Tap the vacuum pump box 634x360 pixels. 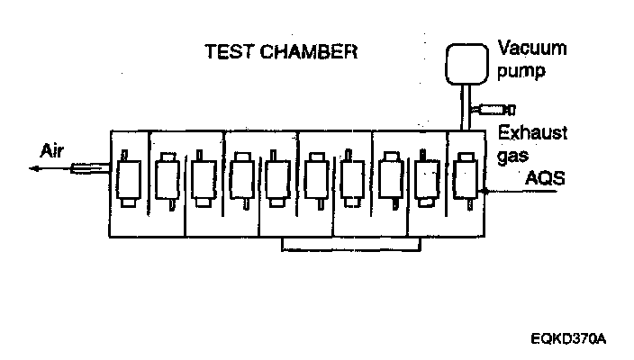pos(469,59)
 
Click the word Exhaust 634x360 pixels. pos(533,133)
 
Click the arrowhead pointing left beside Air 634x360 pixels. pos(32,168)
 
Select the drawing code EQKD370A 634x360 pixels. pos(569,339)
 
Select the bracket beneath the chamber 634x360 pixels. pos(352,245)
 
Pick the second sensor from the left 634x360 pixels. pos(167,180)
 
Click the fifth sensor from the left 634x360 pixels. pos(278,180)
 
